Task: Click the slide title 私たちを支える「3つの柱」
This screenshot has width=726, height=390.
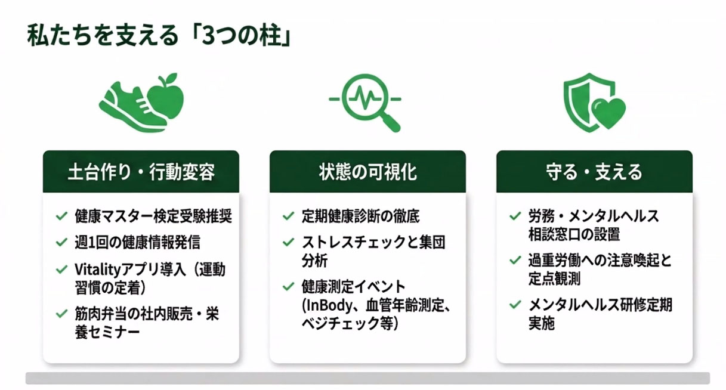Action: pos(159,35)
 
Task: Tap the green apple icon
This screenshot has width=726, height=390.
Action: pos(166,96)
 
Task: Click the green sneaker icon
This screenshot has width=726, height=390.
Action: pos(132,106)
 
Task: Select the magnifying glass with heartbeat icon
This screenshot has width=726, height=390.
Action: pos(366,103)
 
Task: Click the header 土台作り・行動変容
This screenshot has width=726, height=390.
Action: pos(141,172)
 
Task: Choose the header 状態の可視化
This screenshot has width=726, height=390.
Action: pos(368,172)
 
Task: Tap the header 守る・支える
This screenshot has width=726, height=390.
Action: pos(594,172)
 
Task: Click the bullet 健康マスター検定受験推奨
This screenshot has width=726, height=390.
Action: pos(153,216)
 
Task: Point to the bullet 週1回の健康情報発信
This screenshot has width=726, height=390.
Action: pos(137,242)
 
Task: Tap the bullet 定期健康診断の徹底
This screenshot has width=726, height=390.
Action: pos(360,216)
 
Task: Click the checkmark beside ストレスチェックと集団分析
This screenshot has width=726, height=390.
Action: pos(288,242)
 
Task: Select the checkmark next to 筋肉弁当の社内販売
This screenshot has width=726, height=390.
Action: pos(61,314)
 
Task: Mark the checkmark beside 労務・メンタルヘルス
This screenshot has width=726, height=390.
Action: pos(515,216)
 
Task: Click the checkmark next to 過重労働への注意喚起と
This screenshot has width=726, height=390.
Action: pos(515,261)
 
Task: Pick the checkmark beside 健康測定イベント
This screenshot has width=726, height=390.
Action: pos(288,287)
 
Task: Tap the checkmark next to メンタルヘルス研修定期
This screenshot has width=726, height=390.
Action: pos(515,305)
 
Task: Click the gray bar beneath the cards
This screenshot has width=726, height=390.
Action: pos(368,378)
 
